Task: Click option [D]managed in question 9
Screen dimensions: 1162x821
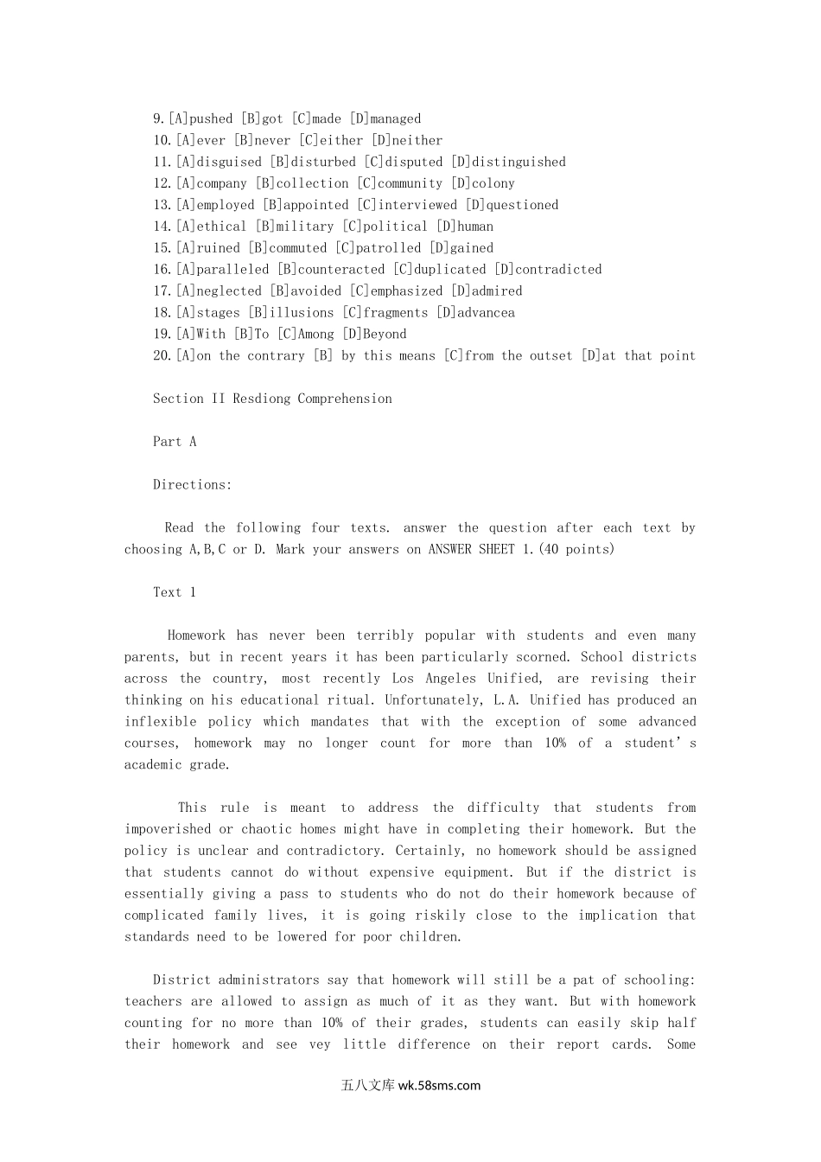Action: point(385,118)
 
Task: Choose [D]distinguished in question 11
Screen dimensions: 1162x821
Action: point(508,162)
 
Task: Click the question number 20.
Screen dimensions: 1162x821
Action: point(162,355)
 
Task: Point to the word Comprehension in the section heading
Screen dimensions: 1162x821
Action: point(345,399)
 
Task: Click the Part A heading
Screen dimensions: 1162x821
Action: point(175,442)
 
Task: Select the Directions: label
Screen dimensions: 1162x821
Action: point(192,485)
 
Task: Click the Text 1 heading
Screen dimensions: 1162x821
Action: point(174,592)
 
